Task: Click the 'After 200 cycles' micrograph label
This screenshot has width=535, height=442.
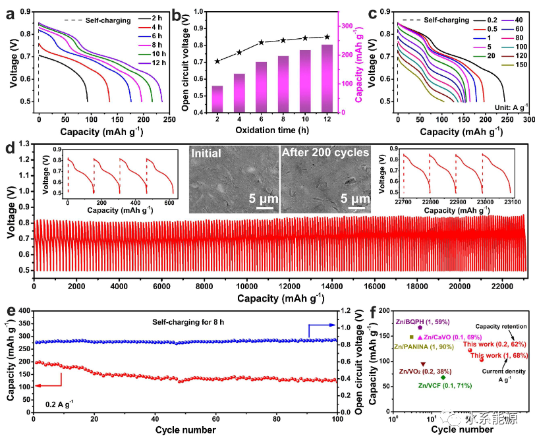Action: coord(325,153)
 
